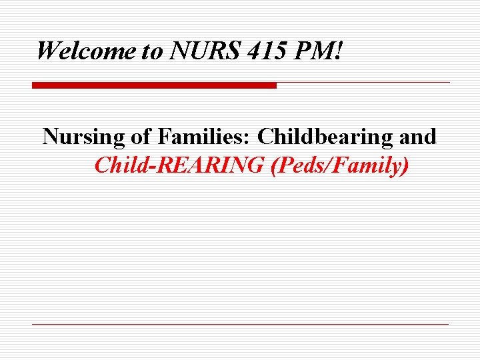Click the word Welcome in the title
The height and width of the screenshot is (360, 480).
(x=86, y=51)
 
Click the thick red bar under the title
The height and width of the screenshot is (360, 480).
(x=154, y=85)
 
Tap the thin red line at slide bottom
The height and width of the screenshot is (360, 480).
(x=240, y=324)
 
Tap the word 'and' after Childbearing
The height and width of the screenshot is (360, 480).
(x=418, y=137)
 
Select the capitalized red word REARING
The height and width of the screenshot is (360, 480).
(x=214, y=165)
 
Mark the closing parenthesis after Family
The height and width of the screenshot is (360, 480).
(x=405, y=165)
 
